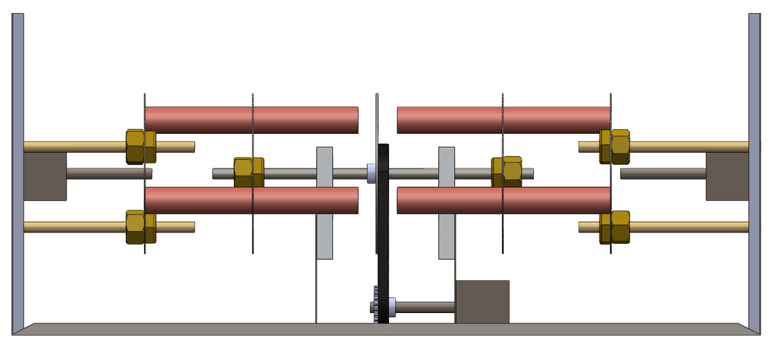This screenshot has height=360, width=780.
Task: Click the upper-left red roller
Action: [x=252, y=119]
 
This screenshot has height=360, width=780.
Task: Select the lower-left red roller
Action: [x=252, y=200]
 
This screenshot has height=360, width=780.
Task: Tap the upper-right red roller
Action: [x=503, y=119]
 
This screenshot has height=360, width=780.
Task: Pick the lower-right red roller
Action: [x=503, y=200]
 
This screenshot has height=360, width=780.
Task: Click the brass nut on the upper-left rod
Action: [x=141, y=146]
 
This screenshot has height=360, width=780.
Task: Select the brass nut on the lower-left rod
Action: [x=141, y=227]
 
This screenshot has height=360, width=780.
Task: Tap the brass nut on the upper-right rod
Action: [x=615, y=146]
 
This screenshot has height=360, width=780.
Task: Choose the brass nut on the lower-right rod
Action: [x=615, y=228]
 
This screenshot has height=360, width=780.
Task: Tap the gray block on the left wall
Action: [x=44, y=176]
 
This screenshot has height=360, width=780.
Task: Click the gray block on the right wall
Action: [x=726, y=176]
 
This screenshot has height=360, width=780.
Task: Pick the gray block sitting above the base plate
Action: [x=482, y=301]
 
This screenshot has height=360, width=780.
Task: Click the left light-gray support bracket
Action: [x=324, y=203]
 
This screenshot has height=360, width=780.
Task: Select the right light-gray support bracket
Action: [x=446, y=203]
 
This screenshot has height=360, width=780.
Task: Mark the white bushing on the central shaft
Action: [x=371, y=172]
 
